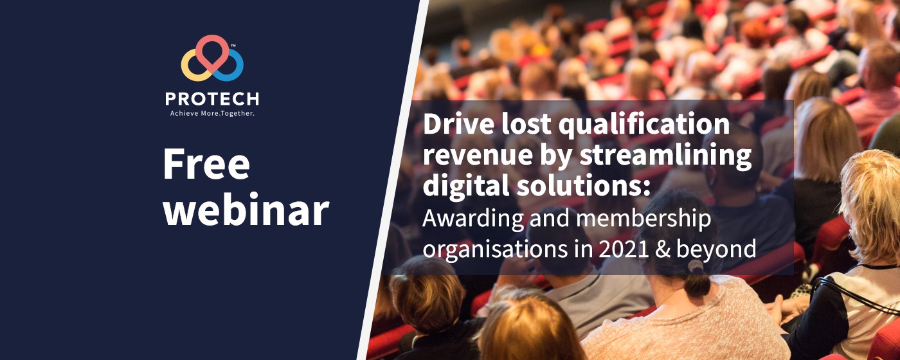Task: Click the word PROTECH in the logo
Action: click(212, 99)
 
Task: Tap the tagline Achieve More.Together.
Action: click(212, 113)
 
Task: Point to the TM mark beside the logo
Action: click(233, 46)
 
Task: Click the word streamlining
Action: click(665, 156)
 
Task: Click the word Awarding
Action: click(473, 219)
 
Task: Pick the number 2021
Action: click(624, 249)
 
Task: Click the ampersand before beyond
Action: click(663, 249)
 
